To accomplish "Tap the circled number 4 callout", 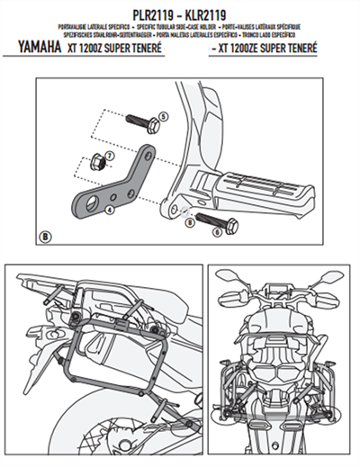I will [108, 208].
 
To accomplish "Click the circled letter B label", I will [46, 237].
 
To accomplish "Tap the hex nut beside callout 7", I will [95, 163].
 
